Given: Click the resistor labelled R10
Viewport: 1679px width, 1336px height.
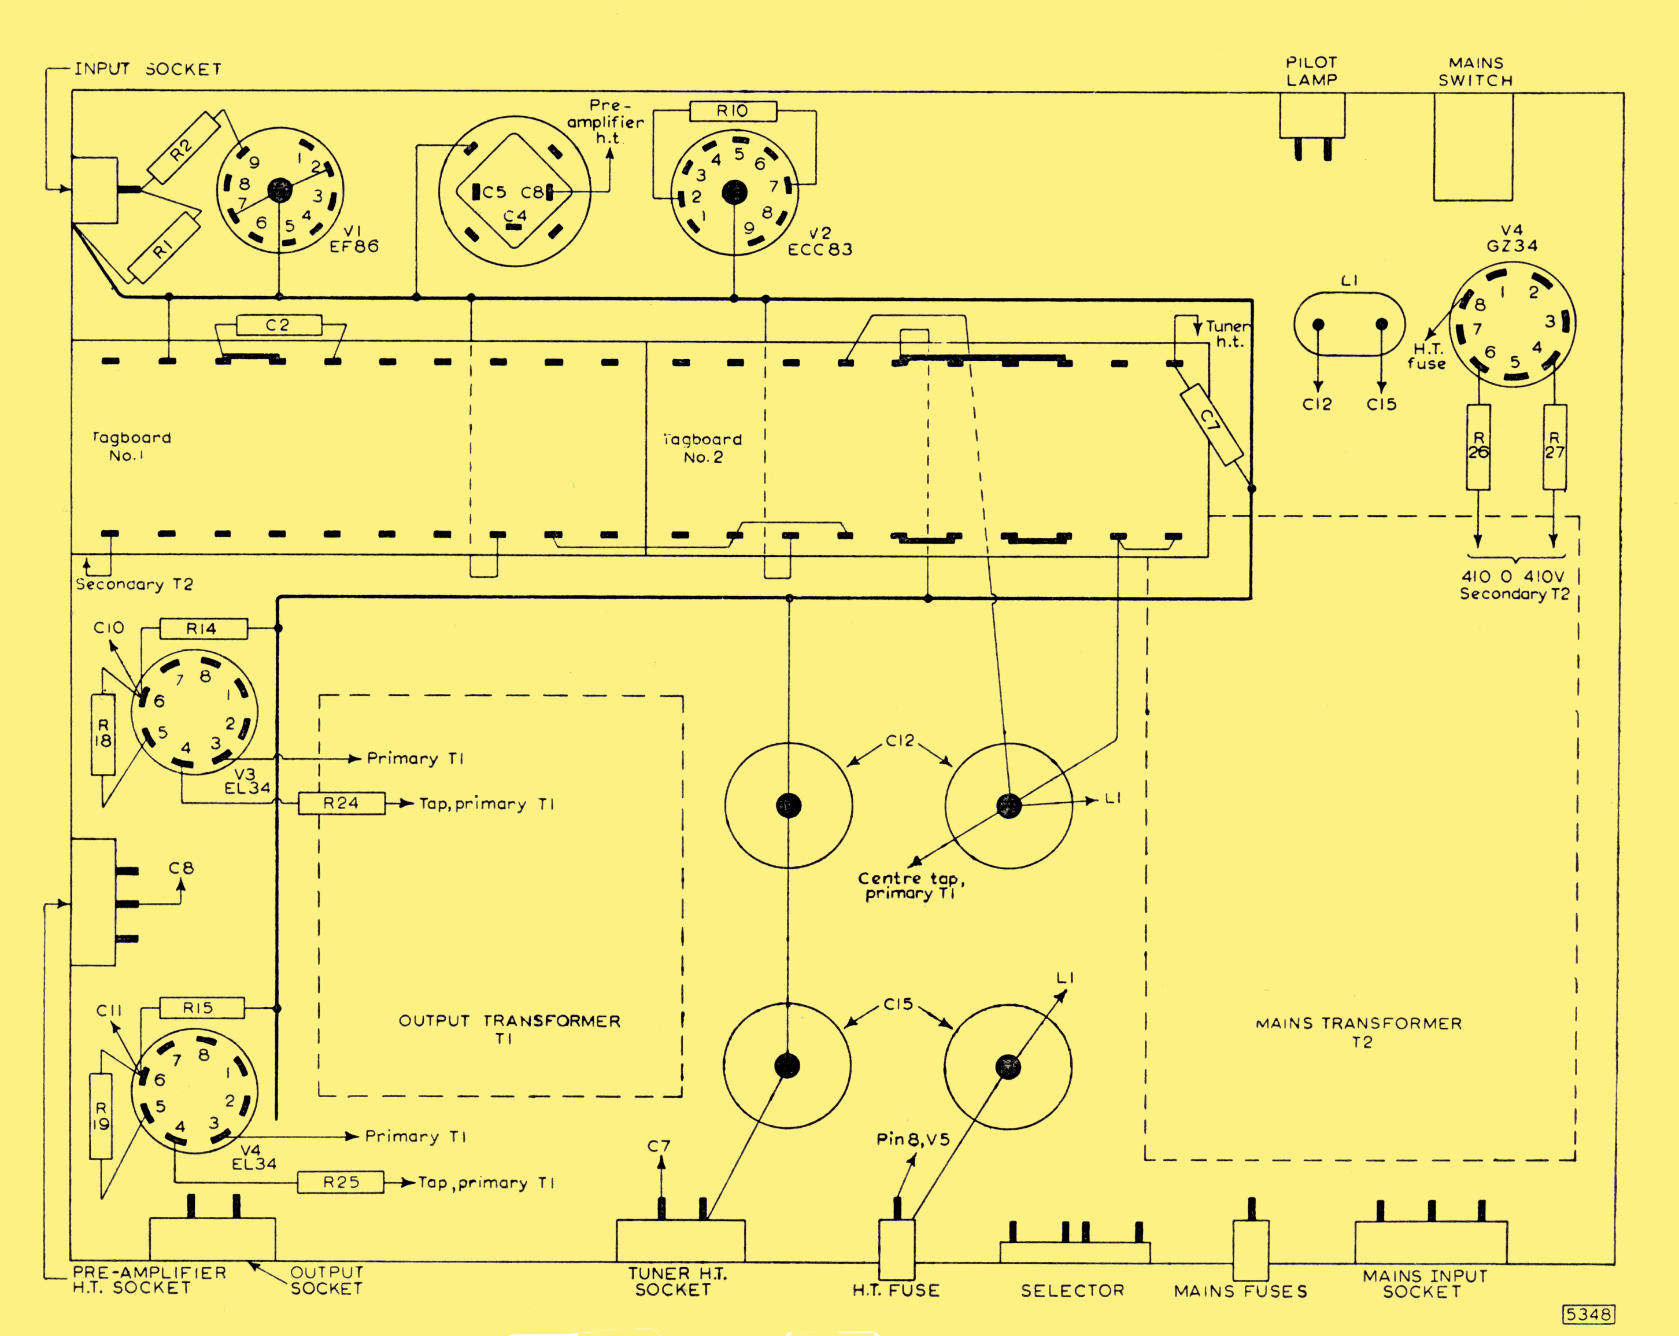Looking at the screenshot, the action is point(733,112).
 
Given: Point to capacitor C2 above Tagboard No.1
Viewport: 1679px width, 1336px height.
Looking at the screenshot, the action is point(279,325).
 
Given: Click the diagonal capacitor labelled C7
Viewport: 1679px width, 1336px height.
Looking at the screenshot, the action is point(1212,425).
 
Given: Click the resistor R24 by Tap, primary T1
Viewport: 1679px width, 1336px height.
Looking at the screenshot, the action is point(341,803).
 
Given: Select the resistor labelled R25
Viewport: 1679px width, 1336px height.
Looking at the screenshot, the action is point(341,1183).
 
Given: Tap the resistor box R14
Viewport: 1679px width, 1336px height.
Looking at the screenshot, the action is point(204,629).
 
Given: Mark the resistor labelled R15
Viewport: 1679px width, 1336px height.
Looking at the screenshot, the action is point(202,1008).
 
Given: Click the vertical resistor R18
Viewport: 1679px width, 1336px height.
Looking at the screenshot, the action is point(103,734).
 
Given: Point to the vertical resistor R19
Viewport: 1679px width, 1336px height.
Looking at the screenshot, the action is point(101,1116).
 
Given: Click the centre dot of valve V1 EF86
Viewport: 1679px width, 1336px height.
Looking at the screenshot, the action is point(280,190).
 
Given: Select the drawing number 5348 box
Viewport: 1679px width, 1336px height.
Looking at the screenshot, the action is point(1589,1314).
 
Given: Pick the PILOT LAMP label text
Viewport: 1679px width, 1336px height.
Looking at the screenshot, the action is point(1311,71).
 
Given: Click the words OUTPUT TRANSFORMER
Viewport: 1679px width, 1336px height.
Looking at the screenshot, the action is point(509,1021).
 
